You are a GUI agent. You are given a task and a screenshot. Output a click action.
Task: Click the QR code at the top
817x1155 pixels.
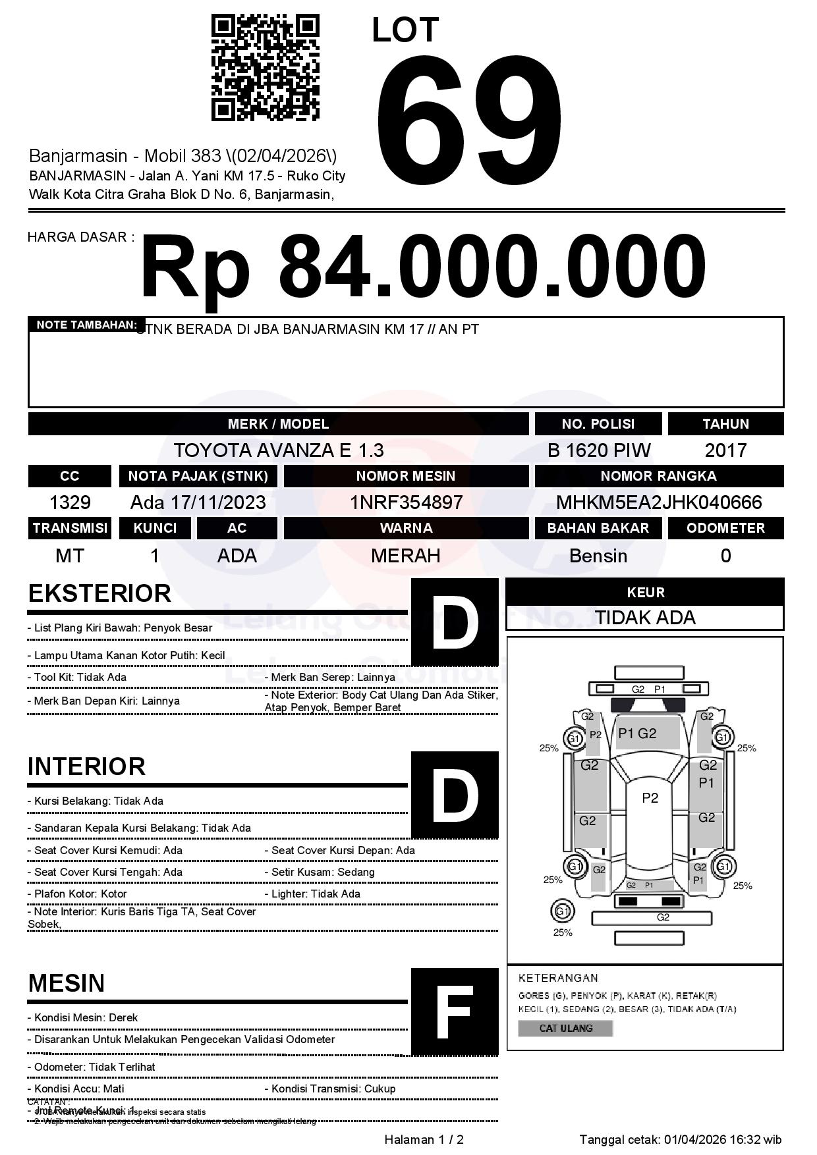point(265,68)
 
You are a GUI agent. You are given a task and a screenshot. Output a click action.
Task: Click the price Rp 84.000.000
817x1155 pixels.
point(423,268)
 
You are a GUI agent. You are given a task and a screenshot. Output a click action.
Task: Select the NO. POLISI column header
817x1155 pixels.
point(598,424)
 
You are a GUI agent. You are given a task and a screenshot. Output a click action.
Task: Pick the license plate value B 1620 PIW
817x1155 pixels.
point(598,450)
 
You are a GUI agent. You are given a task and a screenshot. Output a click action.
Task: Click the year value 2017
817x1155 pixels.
point(725,450)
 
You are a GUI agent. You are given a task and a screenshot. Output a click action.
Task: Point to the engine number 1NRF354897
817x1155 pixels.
point(406,502)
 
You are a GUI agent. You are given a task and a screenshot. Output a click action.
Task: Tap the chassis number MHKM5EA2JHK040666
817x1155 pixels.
point(659,502)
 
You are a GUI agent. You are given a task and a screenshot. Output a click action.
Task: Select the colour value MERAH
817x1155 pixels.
point(406,556)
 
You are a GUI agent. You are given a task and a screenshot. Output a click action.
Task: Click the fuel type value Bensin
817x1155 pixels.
point(598,556)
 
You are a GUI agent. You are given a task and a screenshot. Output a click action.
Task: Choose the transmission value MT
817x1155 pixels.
point(70,556)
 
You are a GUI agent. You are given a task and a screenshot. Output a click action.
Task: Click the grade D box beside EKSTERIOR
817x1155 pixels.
point(455,622)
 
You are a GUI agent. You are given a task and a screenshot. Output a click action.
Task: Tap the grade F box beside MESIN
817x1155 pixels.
point(455,1011)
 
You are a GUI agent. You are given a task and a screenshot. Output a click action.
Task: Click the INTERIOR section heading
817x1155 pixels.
point(86,766)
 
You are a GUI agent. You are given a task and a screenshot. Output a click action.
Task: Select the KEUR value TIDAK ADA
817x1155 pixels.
point(645,618)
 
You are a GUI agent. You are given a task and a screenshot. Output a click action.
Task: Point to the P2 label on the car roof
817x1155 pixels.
point(650,798)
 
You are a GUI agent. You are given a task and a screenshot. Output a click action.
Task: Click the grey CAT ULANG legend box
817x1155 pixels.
point(565,1028)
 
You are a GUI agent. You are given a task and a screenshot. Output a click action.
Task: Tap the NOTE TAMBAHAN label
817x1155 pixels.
point(86,325)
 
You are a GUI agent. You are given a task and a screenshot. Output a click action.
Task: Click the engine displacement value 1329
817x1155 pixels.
point(70,502)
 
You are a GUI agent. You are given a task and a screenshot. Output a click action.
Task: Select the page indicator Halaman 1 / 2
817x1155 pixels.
point(424,1140)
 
